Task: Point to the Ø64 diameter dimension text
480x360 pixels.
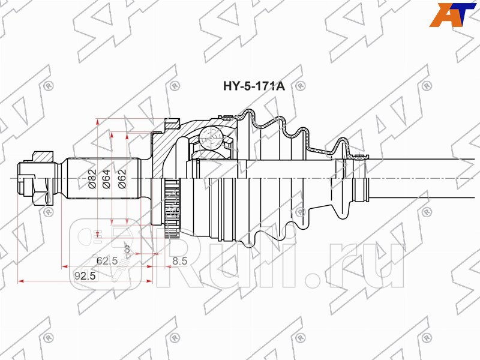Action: [107, 179]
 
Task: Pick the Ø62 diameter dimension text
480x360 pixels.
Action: [122, 179]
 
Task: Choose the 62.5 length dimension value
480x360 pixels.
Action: [106, 261]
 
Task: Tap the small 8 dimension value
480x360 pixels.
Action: [127, 248]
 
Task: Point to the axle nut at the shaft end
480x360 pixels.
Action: [31, 179]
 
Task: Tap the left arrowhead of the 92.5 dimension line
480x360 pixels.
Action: [22, 280]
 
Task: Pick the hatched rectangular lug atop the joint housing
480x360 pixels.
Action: [172, 124]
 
